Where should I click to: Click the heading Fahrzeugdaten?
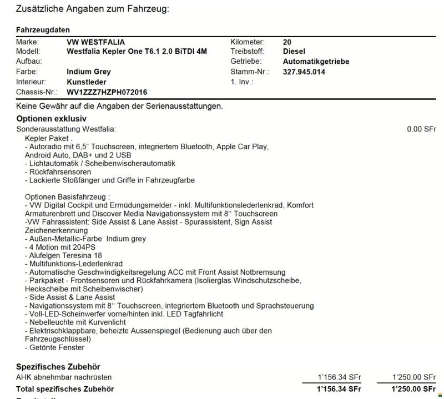43,30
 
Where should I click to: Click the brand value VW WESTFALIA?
95,42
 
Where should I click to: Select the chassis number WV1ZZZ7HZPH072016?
107,92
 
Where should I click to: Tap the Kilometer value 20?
287,42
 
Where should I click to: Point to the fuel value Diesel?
295,52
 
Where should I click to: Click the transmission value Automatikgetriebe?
316,62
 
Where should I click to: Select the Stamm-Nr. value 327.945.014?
304,72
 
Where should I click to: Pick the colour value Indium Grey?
89,72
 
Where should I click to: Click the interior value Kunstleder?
86,82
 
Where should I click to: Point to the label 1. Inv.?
241,82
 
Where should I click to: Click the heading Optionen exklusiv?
52,119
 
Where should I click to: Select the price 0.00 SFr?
421,129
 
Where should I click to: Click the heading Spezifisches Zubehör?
58,367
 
